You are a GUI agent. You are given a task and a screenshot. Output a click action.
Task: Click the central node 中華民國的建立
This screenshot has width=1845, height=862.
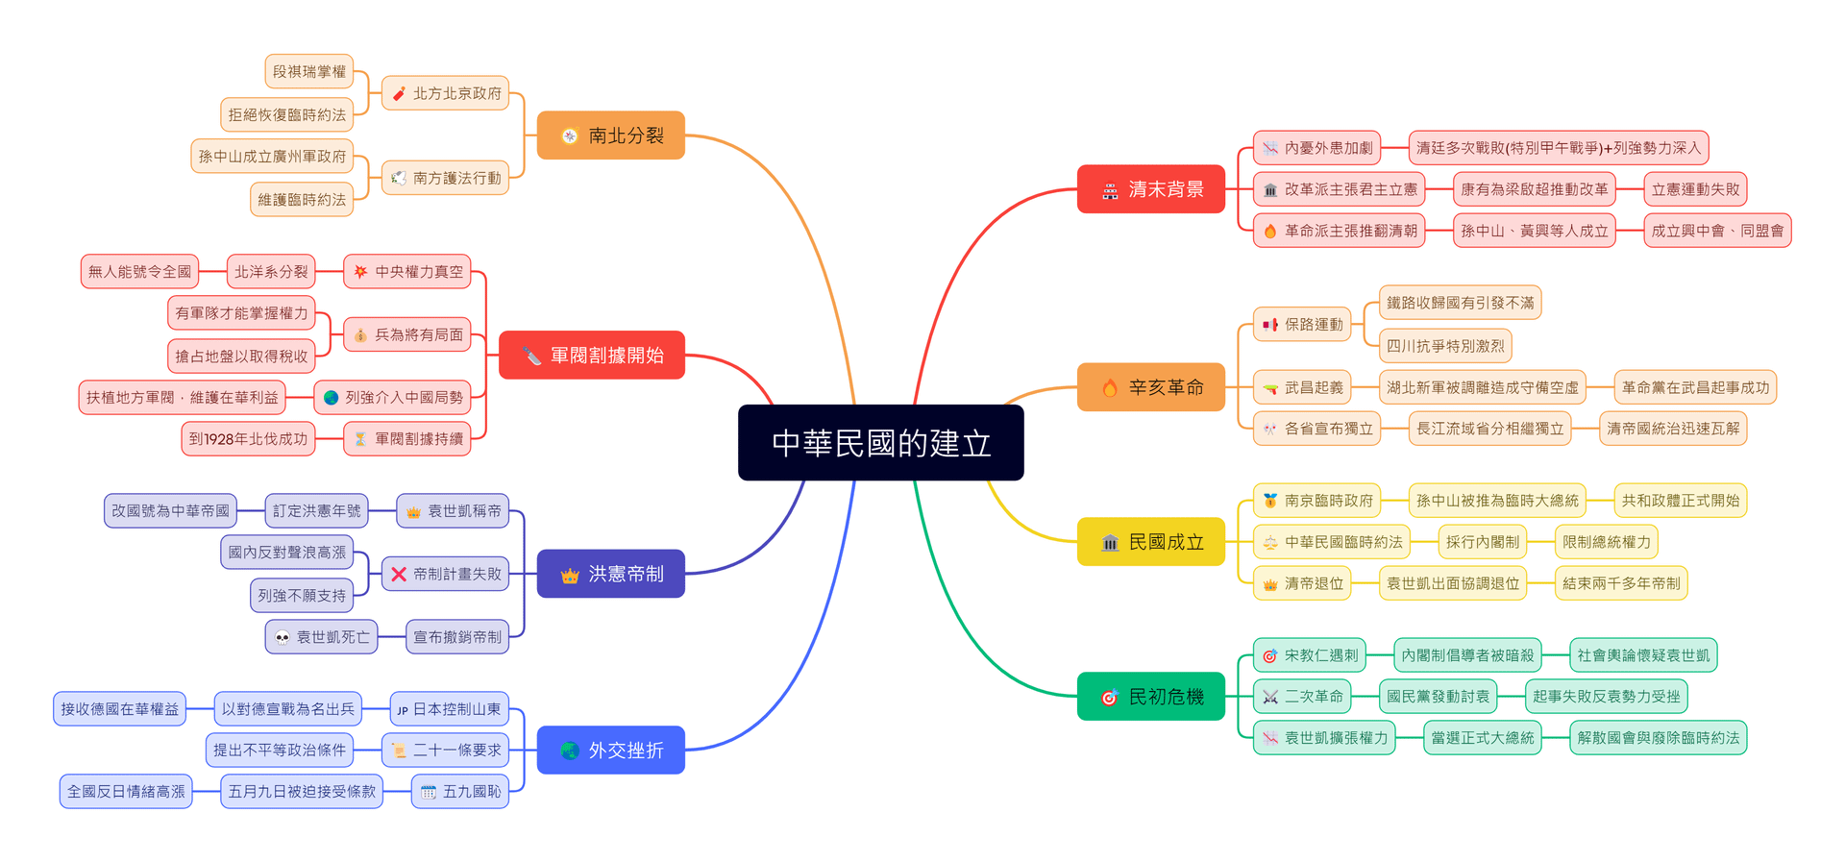coord(880,443)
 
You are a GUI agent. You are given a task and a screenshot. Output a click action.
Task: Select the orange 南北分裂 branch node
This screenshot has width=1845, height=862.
coord(611,135)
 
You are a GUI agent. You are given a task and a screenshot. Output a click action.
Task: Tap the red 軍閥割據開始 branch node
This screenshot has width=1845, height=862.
coord(592,356)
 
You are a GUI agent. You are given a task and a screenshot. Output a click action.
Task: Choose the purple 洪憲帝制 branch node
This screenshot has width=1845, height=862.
coord(611,574)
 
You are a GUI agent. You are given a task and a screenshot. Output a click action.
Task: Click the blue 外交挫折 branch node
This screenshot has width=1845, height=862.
coord(611,750)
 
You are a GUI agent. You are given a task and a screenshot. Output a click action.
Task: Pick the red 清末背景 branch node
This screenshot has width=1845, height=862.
coord(1151,189)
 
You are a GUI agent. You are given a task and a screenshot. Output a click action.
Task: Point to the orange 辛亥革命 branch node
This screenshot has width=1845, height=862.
coord(1151,387)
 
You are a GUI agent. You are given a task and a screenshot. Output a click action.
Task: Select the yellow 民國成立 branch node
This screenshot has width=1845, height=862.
coord(1151,542)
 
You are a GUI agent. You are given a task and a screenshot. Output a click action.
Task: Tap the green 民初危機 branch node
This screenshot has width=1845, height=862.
coord(1151,697)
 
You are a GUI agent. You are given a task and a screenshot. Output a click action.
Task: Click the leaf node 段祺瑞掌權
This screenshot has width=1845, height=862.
coord(308,71)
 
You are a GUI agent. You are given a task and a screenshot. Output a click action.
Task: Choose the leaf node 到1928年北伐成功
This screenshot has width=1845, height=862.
coord(248,439)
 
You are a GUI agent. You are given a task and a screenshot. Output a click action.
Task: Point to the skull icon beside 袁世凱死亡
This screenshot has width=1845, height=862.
coord(283,637)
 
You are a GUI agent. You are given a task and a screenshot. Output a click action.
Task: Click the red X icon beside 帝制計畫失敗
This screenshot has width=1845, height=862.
coord(399,574)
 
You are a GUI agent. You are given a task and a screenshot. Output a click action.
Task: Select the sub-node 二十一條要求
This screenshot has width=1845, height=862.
coord(446,750)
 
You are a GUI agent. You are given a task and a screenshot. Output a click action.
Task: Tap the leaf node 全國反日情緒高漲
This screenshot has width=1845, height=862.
coord(126,791)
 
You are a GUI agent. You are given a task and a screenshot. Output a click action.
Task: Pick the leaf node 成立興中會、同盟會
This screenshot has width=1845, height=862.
coord(1717,231)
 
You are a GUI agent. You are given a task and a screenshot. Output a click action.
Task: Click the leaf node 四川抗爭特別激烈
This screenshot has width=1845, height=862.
coord(1445,346)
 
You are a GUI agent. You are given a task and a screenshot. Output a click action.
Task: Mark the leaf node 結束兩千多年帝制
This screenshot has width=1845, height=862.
coord(1621,583)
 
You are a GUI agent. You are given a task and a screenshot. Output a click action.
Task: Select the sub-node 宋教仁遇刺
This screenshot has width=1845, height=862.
coord(1310,655)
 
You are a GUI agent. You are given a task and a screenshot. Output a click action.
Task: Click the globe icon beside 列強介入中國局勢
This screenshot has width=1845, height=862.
coord(332,397)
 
